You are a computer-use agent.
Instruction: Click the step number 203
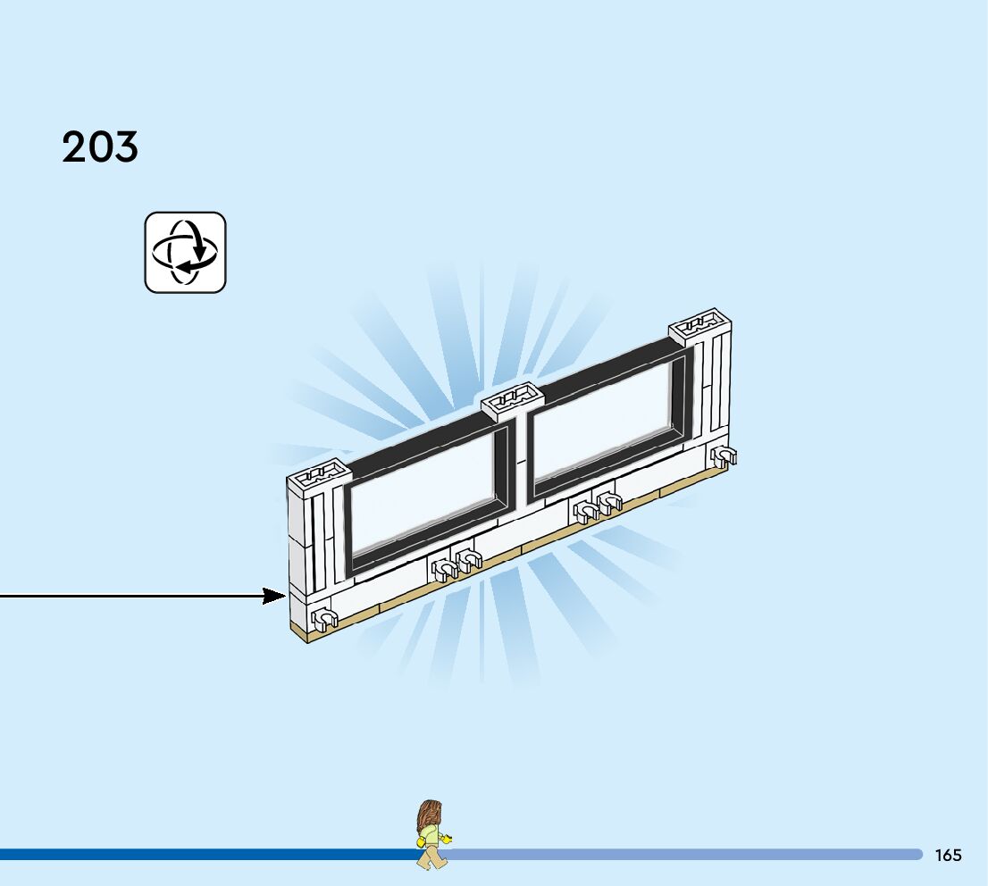100,147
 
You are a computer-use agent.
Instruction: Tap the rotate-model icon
186,252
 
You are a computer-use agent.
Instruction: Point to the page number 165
948,856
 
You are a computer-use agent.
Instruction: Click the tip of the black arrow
283,596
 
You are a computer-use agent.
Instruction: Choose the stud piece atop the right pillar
700,323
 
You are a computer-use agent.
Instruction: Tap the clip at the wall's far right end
723,457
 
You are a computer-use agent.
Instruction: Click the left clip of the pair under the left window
443,568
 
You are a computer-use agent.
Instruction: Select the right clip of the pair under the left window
467,560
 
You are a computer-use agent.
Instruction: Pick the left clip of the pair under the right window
586,512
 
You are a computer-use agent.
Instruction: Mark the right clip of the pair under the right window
608,503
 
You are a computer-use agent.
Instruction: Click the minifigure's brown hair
430,814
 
